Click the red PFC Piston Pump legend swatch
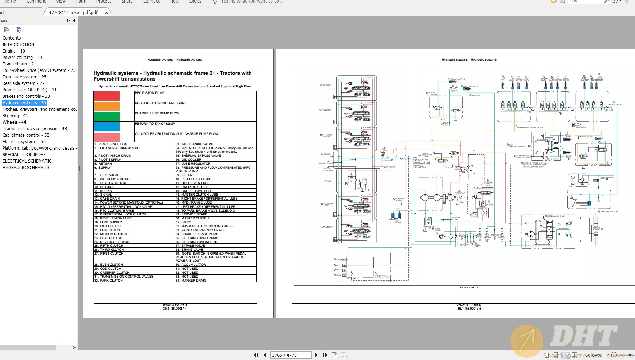tap(107, 96)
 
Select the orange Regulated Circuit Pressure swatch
tap(107, 106)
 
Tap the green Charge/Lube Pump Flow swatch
tap(107, 117)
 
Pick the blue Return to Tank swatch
tap(107, 127)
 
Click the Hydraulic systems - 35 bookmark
tap(24, 103)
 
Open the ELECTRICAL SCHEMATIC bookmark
tap(27, 161)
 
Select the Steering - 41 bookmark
tap(15, 116)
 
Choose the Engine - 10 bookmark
tap(14, 51)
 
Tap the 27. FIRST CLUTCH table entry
tap(112, 254)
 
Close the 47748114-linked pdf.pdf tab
tap(106, 13)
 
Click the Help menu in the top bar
tap(174, 1)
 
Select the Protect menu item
tap(104, 1)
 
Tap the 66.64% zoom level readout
tap(593, 355)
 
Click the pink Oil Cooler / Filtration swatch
tap(107, 137)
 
